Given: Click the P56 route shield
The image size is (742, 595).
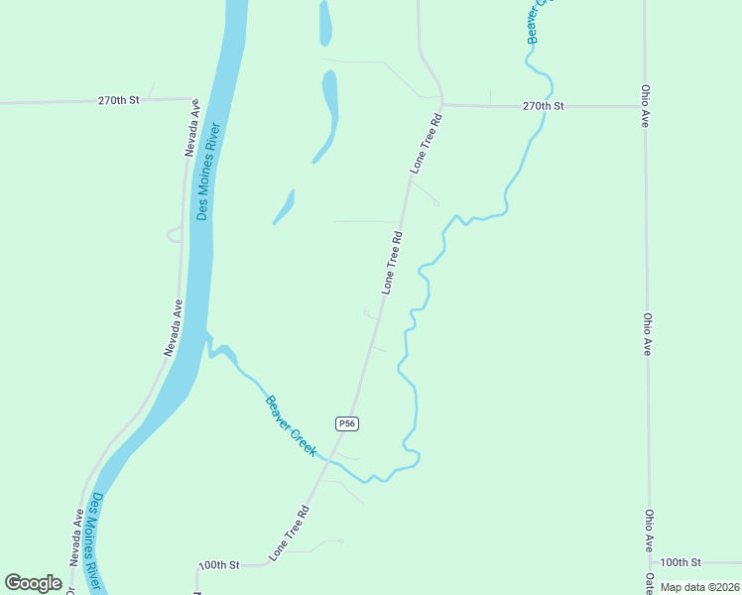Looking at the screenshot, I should pyautogui.click(x=346, y=423).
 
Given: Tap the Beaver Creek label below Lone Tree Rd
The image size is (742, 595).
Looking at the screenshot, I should pyautogui.click(x=291, y=425).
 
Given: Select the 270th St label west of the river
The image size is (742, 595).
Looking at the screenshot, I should pyautogui.click(x=119, y=100).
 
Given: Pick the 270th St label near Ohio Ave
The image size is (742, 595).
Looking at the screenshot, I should pyautogui.click(x=544, y=105).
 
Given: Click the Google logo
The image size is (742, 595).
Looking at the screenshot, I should pyautogui.click(x=33, y=583).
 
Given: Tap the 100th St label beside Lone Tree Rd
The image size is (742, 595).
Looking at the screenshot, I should pyautogui.click(x=219, y=564).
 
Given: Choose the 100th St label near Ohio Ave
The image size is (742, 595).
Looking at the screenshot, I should pyautogui.click(x=680, y=561).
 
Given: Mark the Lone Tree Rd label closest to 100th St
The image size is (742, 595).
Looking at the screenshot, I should pyautogui.click(x=291, y=532).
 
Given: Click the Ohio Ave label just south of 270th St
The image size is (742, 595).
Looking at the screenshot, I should pyautogui.click(x=645, y=104).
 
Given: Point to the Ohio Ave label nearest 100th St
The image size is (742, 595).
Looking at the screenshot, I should pyautogui.click(x=649, y=532).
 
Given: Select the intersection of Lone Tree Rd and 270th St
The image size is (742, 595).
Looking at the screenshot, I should pyautogui.click(x=442, y=104).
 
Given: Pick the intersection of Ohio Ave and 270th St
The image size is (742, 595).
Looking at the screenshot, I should pyautogui.click(x=645, y=105).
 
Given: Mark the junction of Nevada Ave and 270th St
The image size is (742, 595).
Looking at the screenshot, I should pyautogui.click(x=190, y=99).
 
